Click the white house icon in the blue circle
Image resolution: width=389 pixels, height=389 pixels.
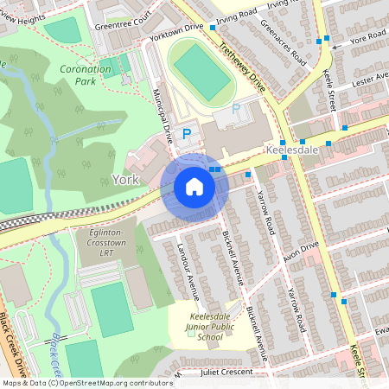[x=194, y=187]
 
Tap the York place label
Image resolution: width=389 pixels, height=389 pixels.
[x=126, y=180]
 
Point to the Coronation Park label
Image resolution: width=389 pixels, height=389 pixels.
[x=86, y=74]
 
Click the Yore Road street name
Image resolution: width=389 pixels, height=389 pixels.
[x=367, y=39]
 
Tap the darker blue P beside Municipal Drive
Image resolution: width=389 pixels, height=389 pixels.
[x=185, y=134]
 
